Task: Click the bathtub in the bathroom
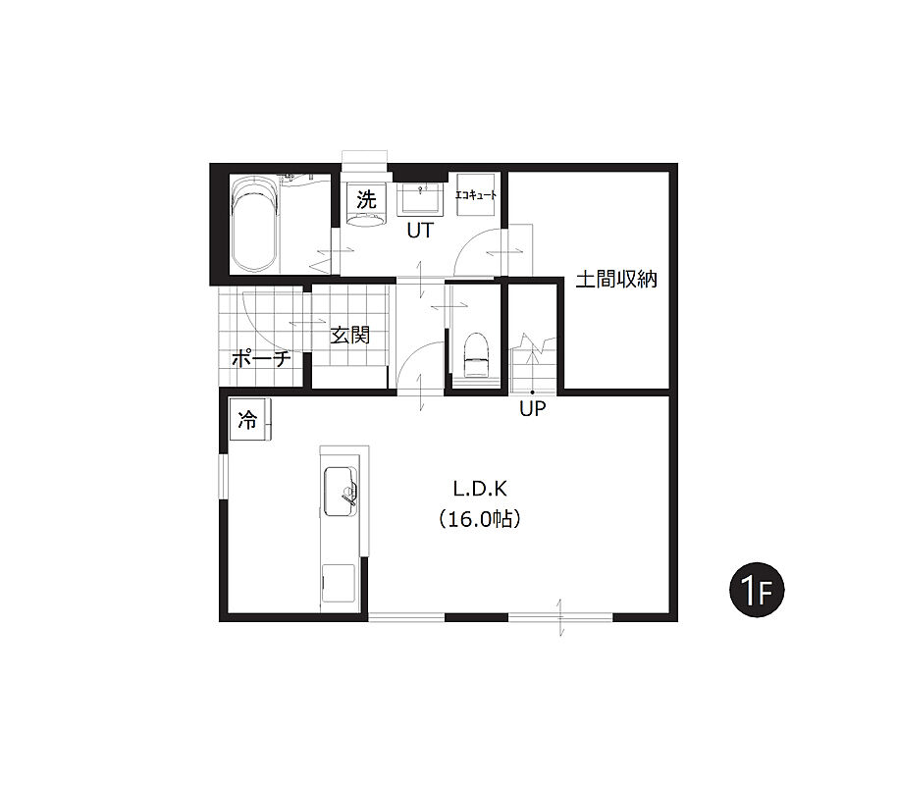click(254, 225)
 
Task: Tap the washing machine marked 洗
click(366, 205)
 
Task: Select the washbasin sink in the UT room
click(420, 198)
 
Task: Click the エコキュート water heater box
click(475, 195)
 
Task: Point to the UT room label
click(420, 231)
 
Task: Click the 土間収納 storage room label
click(616, 280)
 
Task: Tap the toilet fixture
click(476, 355)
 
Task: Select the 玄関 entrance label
click(350, 335)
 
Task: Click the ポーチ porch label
click(261, 359)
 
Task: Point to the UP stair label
click(533, 408)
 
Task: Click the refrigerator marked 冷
click(250, 420)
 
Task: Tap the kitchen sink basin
click(341, 491)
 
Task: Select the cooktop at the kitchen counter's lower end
click(338, 583)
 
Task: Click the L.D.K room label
click(480, 489)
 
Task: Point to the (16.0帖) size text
click(480, 519)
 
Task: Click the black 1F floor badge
click(757, 590)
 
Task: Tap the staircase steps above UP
click(533, 363)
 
